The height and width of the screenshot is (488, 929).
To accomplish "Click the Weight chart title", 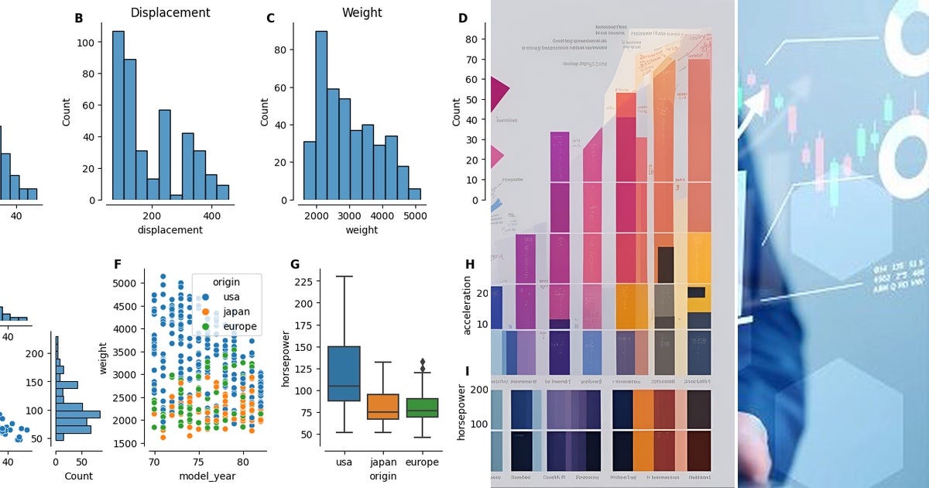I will coord(362,12).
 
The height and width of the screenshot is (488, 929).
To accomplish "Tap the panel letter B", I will coord(79,18).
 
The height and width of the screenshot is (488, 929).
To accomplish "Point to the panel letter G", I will coord(294,264).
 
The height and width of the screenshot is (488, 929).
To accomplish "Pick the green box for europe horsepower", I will coord(421,408).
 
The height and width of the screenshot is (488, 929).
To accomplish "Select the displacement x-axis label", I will coord(170,229).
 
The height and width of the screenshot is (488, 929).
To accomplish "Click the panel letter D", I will coord(463,18).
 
